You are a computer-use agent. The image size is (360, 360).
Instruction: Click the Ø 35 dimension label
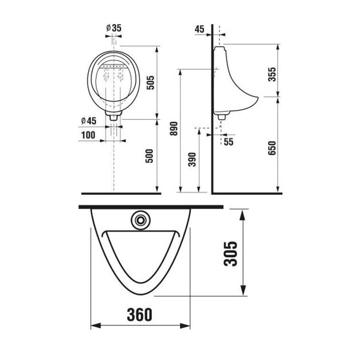click(114, 28)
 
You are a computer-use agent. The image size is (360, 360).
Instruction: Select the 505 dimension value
click(150, 83)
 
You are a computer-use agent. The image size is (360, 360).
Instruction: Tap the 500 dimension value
click(149, 156)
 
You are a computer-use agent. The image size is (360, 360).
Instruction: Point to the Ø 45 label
click(89, 121)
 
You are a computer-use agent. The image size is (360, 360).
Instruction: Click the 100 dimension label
click(88, 135)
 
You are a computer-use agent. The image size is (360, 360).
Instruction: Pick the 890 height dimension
click(174, 129)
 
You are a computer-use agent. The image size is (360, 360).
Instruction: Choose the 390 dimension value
click(192, 160)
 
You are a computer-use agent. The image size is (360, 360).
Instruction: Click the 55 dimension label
click(229, 141)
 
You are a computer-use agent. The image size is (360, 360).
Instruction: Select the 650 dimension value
click(272, 148)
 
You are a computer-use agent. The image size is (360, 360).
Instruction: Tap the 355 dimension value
click(272, 74)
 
